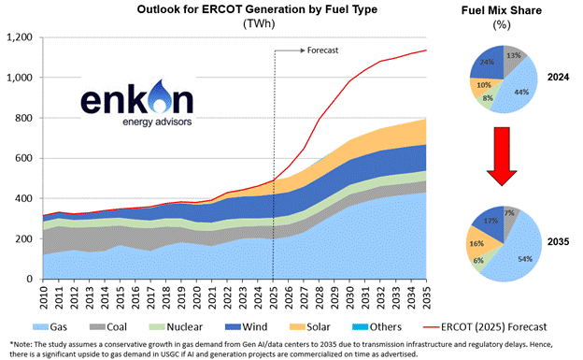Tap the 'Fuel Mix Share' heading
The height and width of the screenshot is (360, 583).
pos(504,7)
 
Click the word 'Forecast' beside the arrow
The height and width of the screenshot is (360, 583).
pos(322,50)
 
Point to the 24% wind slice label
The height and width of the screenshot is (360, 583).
pos(487,63)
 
